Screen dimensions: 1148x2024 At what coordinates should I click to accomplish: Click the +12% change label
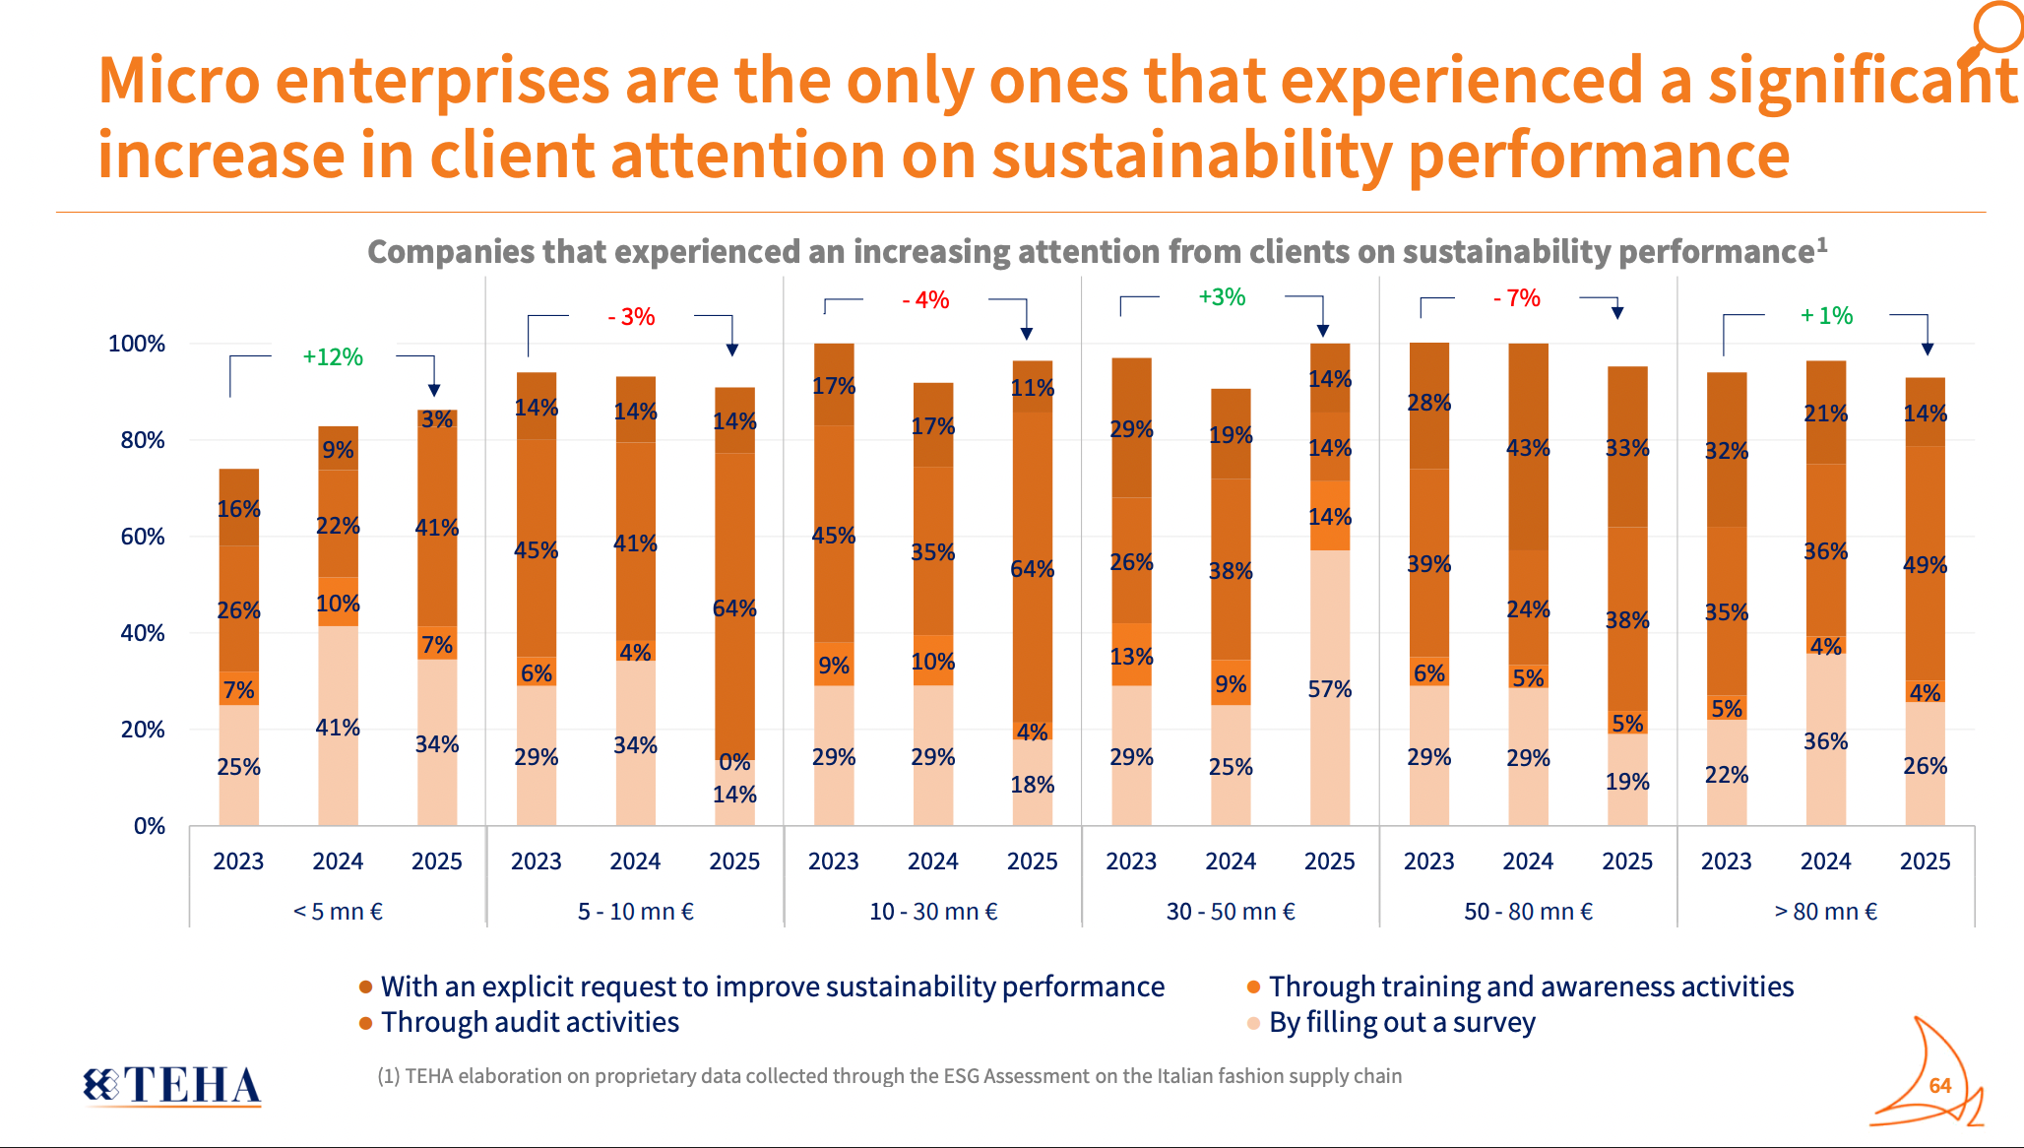(333, 357)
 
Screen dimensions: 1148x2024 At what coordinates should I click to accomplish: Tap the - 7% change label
(1517, 298)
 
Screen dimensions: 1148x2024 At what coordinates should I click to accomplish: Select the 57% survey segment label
(1329, 689)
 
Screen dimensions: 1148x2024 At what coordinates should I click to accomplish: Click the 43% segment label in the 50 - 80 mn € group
(1528, 448)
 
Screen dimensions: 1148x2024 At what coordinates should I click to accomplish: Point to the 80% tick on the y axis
(143, 440)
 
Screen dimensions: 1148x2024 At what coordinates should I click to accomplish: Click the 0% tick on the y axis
(150, 826)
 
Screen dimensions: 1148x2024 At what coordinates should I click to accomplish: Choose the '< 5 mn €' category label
(338, 912)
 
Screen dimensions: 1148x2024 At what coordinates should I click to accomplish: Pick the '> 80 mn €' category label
(1825, 912)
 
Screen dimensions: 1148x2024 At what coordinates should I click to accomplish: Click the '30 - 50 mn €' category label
(1231, 912)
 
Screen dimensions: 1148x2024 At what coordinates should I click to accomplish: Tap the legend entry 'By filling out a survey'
(1401, 1023)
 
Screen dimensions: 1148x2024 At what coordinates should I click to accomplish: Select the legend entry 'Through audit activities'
(530, 1023)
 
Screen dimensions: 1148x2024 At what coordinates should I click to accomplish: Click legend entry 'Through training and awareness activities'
(1531, 987)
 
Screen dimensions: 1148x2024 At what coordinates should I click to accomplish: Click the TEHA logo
(173, 1085)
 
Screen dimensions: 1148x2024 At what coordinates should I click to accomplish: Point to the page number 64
(1939, 1086)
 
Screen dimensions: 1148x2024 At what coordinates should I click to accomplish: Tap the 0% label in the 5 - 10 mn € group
(734, 762)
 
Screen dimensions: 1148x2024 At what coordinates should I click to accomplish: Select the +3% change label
(1222, 297)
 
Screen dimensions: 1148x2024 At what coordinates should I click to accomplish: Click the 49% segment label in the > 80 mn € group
(1925, 565)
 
